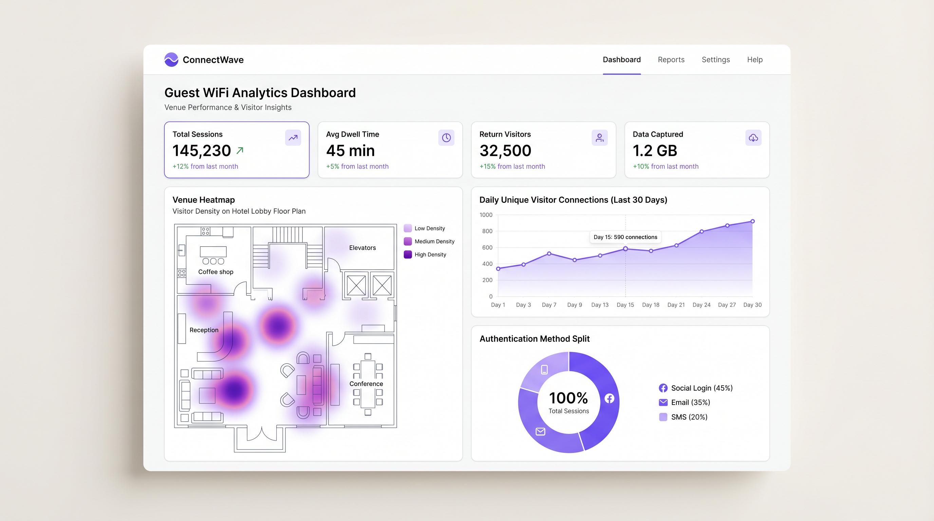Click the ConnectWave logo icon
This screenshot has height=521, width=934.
(x=171, y=60)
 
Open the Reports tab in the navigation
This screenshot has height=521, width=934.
(x=671, y=60)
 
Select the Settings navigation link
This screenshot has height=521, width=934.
(x=715, y=60)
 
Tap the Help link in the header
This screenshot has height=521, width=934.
(x=754, y=60)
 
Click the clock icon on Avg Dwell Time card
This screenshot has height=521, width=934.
(x=446, y=138)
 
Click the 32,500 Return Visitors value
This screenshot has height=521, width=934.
(x=505, y=151)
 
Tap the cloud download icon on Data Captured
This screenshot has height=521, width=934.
(x=753, y=138)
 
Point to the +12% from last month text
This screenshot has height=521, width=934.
(x=205, y=166)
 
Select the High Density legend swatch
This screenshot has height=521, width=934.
(x=408, y=254)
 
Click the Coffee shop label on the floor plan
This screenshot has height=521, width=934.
(x=216, y=272)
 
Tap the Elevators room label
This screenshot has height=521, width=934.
(x=362, y=248)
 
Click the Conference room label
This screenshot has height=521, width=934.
(x=366, y=384)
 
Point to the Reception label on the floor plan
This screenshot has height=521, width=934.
(x=204, y=330)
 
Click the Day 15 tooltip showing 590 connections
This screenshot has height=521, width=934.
(x=625, y=237)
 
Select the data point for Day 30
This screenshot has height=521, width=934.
(x=752, y=221)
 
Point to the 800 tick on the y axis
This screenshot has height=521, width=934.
(x=487, y=231)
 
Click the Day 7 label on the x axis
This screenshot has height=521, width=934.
(x=549, y=305)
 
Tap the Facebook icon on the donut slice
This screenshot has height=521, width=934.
(x=610, y=399)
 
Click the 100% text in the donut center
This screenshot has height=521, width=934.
(x=568, y=398)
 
